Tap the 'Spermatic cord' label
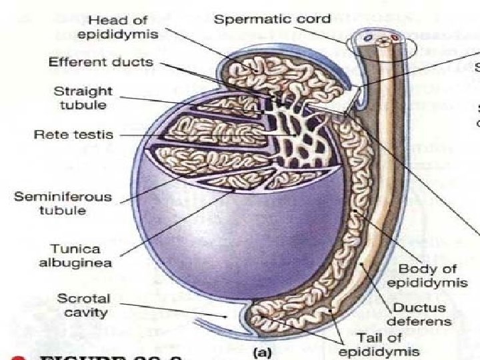pos(262,19)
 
